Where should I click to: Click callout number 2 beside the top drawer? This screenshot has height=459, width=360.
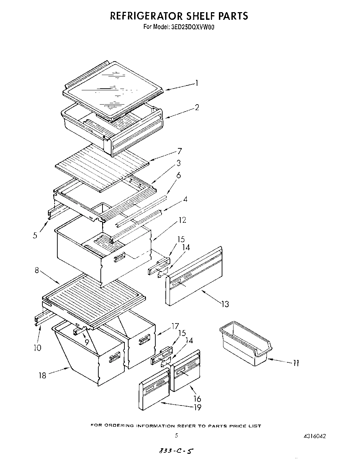pyautogui.click(x=197, y=107)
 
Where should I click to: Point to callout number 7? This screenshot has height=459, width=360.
pyautogui.click(x=179, y=151)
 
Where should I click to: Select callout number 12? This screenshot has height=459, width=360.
pyautogui.click(x=182, y=220)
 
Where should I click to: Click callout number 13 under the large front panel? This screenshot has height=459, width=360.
pyautogui.click(x=225, y=304)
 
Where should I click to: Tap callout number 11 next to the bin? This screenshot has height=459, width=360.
pyautogui.click(x=296, y=363)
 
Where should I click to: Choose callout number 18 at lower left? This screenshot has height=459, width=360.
pyautogui.click(x=42, y=376)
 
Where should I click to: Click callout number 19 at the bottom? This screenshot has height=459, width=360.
pyautogui.click(x=197, y=407)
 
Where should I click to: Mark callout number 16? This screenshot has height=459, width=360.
pyautogui.click(x=197, y=399)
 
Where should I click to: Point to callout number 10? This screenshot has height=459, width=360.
pyautogui.click(x=38, y=347)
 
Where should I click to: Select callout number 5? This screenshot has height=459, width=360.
pyautogui.click(x=35, y=235)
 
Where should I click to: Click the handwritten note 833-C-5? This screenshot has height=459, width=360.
pyautogui.click(x=176, y=451)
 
